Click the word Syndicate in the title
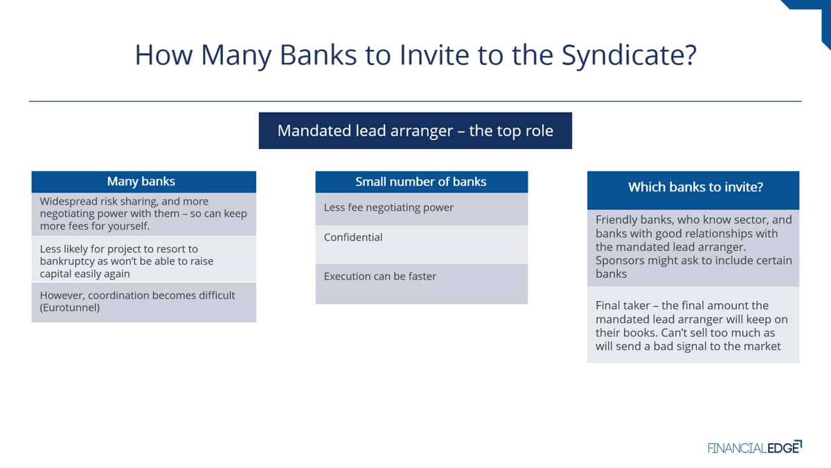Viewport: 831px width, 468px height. (623, 55)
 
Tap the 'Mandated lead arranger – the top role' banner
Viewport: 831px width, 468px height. (415, 131)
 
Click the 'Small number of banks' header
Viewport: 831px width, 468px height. (422, 182)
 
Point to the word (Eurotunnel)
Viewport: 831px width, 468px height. (70, 308)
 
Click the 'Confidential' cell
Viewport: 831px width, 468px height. (422, 244)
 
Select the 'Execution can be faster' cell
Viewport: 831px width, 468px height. (422, 284)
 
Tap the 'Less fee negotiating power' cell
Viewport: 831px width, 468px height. (422, 209)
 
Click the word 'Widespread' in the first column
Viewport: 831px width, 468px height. (69, 201)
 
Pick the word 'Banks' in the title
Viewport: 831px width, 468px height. (318, 55)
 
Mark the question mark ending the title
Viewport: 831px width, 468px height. (690, 55)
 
